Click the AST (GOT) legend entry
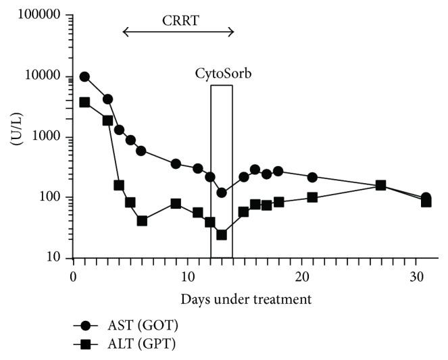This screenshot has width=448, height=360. pos(135,326)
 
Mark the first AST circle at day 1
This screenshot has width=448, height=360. pos(84,76)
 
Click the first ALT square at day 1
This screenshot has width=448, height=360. pos(84,102)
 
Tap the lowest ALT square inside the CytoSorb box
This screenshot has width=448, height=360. pos(221,235)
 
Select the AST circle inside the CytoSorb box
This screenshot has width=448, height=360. pos(221,192)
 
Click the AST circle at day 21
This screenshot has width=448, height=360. pos(312,177)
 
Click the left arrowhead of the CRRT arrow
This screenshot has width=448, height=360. pos(126,31)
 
